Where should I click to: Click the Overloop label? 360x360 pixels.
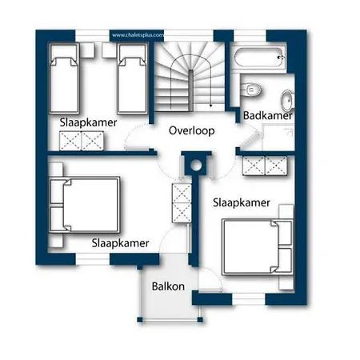[191, 130]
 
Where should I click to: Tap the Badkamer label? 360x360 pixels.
[268, 116]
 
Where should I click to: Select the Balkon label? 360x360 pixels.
[168, 286]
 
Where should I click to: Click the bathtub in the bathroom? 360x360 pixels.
[258, 57]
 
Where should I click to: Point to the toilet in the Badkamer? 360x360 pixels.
[251, 90]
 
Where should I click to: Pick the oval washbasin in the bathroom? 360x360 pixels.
[287, 101]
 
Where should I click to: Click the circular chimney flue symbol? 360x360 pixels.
[196, 166]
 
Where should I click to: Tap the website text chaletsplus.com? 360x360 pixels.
[138, 35]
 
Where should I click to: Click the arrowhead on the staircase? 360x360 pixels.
[210, 106]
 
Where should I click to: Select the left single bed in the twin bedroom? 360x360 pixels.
[64, 78]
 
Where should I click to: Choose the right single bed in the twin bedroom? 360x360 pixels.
[133, 78]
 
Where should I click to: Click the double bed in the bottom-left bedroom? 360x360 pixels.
[85, 205]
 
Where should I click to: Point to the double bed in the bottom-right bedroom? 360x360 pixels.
[258, 246]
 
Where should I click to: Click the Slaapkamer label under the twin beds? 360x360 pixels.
[88, 122]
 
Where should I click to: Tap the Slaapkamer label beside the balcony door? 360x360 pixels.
[120, 243]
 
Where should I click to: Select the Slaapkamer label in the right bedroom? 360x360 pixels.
[242, 202]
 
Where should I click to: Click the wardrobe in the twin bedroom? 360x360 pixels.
[82, 141]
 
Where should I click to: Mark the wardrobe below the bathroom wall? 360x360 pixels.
[265, 166]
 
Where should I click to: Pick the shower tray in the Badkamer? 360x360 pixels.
[278, 138]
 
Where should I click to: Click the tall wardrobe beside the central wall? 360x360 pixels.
[182, 203]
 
